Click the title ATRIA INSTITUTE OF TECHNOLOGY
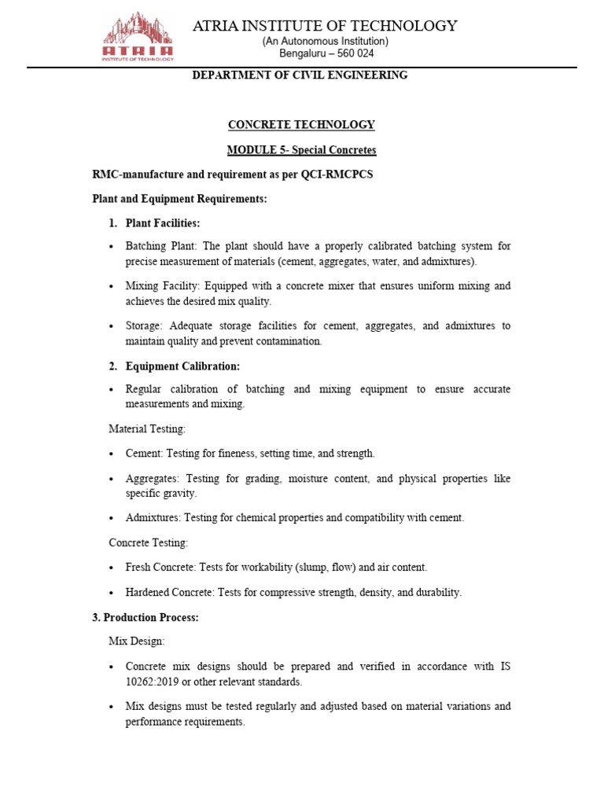point(325,26)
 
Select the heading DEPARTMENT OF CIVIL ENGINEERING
point(301,75)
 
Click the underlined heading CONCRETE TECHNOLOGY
point(301,125)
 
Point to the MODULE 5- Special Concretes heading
point(301,149)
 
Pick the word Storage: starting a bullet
point(144,325)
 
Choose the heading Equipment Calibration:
point(182,366)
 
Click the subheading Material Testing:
point(147,428)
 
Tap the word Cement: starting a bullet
point(143,454)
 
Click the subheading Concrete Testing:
point(149,542)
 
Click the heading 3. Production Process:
point(145,618)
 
